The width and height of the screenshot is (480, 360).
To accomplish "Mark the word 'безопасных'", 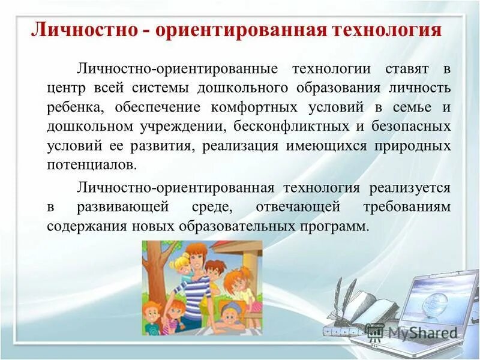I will click(x=409, y=127).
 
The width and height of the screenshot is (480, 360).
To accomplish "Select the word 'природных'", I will click(x=410, y=146).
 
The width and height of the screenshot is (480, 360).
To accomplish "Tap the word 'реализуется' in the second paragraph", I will click(x=409, y=188).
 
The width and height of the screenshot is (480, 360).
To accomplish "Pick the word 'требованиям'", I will click(x=406, y=208).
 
